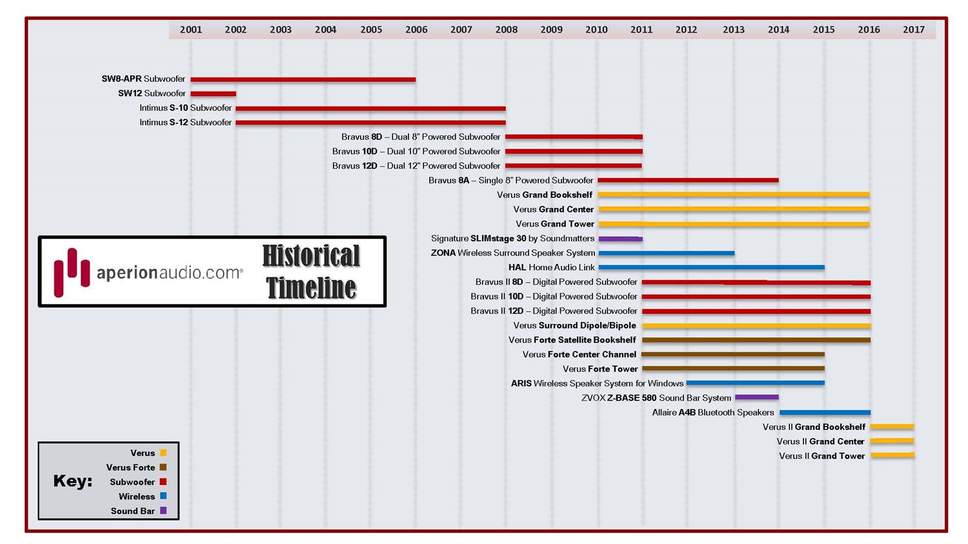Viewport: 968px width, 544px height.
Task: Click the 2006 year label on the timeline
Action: click(416, 30)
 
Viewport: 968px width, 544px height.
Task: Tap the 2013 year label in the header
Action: click(733, 30)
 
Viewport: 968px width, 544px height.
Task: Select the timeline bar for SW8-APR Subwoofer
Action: click(303, 79)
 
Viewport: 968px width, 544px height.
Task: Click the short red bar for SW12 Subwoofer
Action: click(214, 94)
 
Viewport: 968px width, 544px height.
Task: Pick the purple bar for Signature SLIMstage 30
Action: click(620, 239)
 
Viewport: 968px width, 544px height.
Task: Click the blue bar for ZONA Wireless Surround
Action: click(667, 253)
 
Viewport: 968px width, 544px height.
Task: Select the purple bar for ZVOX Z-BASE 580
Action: click(756, 398)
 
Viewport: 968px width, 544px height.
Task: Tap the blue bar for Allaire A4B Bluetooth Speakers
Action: click(825, 412)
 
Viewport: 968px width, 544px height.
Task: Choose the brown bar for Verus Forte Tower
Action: click(733, 368)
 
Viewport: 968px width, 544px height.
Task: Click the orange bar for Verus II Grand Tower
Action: click(892, 456)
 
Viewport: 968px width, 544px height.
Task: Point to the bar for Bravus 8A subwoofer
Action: click(688, 181)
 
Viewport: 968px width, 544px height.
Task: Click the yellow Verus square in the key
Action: click(163, 453)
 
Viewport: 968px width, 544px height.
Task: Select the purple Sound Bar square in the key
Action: click(163, 510)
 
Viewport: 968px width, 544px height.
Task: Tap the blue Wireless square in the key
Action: click(163, 496)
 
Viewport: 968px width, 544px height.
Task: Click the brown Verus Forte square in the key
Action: click(163, 467)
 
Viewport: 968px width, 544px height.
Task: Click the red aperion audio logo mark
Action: click(72, 272)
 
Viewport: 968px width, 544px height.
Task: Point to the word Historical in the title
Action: click(311, 256)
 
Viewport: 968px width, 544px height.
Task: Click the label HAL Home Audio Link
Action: click(552, 267)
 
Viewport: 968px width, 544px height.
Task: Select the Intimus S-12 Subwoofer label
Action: click(185, 123)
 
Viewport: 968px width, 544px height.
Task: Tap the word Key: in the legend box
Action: click(72, 481)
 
